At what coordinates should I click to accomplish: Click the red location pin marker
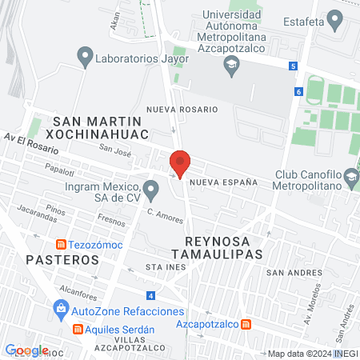pyautogui.click(x=180, y=162)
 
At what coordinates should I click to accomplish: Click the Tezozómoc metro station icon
pyautogui.click(x=60, y=244)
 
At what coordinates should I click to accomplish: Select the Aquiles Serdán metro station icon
pyautogui.click(x=78, y=329)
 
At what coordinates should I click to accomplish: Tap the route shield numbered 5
pyautogui.click(x=294, y=66)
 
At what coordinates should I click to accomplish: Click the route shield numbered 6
pyautogui.click(x=298, y=92)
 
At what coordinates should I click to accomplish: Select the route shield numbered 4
pyautogui.click(x=151, y=295)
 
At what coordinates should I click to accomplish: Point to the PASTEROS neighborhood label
pyautogui.click(x=62, y=260)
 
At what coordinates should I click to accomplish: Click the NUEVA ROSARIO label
pyautogui.click(x=182, y=109)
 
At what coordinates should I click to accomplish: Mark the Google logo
pyautogui.click(x=26, y=350)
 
